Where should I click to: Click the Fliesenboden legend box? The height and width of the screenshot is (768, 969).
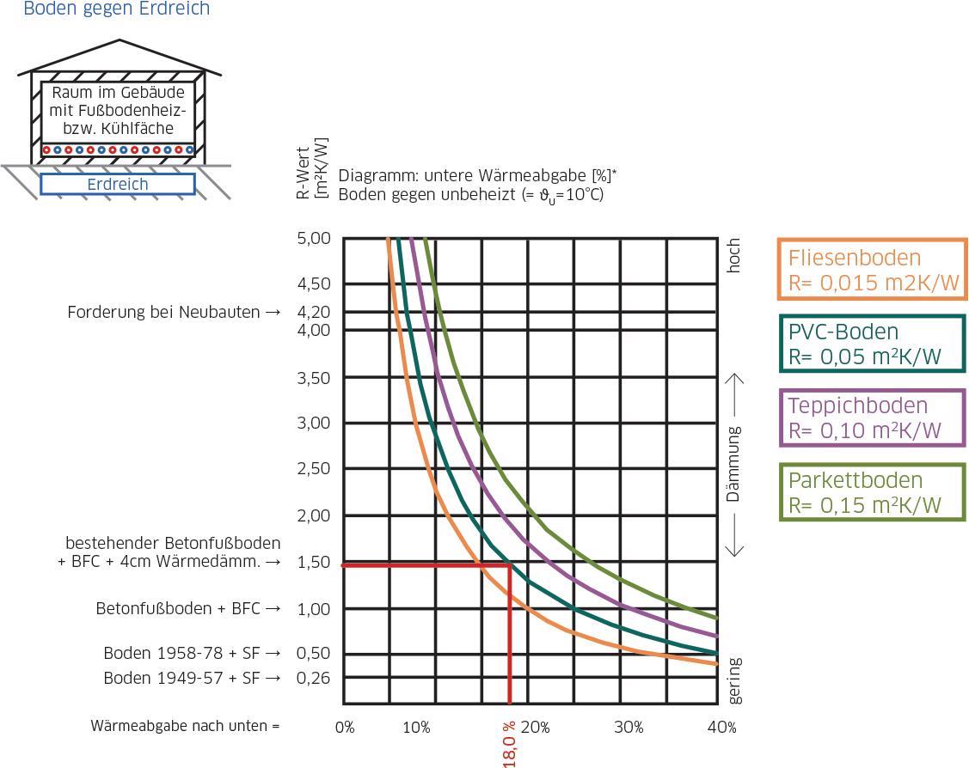click(872, 270)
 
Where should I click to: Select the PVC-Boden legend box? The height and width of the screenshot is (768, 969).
click(872, 344)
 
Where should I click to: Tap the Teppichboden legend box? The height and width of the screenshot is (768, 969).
click(872, 418)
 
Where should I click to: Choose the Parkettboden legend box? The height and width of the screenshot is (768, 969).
click(872, 492)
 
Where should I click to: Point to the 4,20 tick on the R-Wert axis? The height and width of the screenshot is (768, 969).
click(313, 312)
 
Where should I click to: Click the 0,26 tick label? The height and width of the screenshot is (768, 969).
click(313, 678)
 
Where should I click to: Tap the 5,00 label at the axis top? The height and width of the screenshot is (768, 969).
click(313, 238)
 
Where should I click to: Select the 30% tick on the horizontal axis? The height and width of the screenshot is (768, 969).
click(629, 728)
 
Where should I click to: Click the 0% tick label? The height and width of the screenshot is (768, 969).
click(344, 728)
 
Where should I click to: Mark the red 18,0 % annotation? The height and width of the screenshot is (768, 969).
click(510, 744)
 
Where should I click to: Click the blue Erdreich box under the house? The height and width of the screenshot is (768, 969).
click(118, 185)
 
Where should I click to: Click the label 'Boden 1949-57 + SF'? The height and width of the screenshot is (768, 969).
click(192, 678)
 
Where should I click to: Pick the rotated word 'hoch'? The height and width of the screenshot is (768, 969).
click(733, 256)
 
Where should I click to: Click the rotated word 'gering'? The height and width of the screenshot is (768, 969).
click(733, 680)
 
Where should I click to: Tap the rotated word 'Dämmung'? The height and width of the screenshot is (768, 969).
click(733, 464)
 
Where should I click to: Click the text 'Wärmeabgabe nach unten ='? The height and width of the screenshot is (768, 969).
click(186, 726)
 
